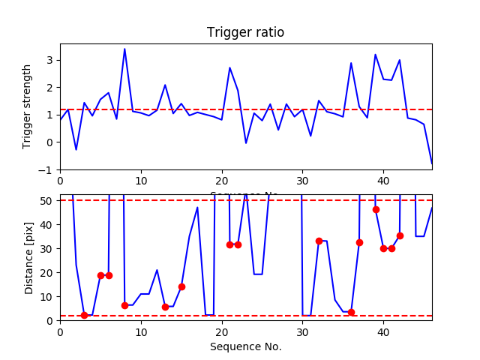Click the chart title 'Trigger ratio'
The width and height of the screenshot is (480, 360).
245,32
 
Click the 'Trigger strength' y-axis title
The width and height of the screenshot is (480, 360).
27,106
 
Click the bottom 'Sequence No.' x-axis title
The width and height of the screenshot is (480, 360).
245,346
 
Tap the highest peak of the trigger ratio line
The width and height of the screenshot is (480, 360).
124,49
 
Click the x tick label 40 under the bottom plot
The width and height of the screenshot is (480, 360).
383,331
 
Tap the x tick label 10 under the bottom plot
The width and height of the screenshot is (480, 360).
141,331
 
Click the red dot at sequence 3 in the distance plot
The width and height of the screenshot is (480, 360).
84,315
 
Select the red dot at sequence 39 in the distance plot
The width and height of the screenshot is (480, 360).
376,209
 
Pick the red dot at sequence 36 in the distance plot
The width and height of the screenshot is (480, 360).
351,312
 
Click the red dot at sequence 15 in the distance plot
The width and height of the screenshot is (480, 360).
181,286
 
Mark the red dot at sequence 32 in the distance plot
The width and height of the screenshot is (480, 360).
319,241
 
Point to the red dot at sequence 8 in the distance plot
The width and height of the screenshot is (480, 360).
124,305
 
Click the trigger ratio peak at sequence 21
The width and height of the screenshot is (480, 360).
230,67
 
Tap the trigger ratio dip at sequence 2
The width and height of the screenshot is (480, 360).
76,149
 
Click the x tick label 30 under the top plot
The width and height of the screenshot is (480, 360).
302,181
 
